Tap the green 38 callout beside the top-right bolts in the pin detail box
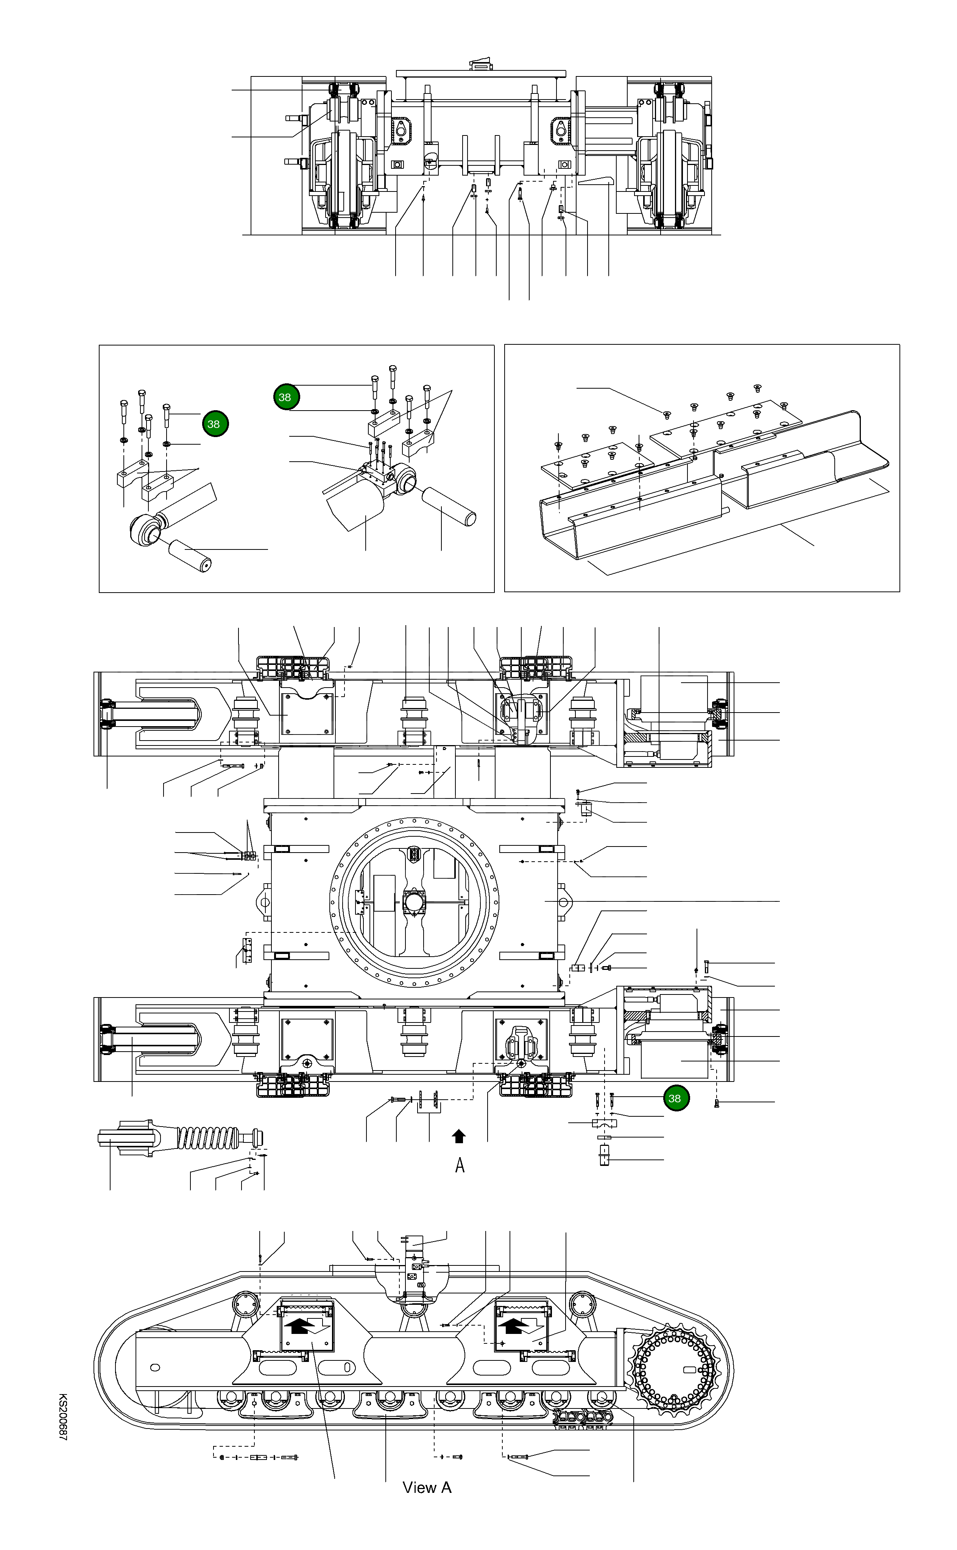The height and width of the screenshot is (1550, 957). click(285, 397)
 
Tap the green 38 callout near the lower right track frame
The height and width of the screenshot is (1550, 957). click(675, 1098)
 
